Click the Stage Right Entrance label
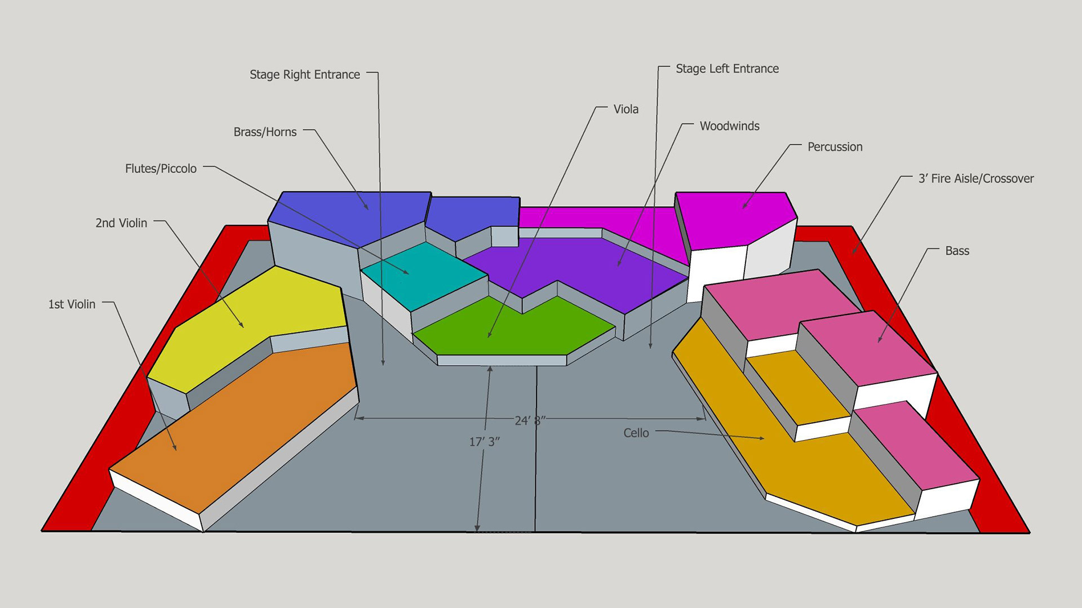click(304, 74)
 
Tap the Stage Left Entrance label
click(727, 69)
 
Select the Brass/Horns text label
click(265, 132)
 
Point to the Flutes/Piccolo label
click(161, 168)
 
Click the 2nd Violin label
click(121, 223)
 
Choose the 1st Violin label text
click(72, 304)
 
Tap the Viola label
click(626, 109)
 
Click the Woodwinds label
click(729, 126)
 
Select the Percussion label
click(835, 147)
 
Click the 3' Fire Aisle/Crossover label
click(976, 179)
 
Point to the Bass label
click(957, 251)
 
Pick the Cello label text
click(636, 433)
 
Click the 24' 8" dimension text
click(530, 420)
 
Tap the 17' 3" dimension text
click(484, 442)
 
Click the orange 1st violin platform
click(237, 428)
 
